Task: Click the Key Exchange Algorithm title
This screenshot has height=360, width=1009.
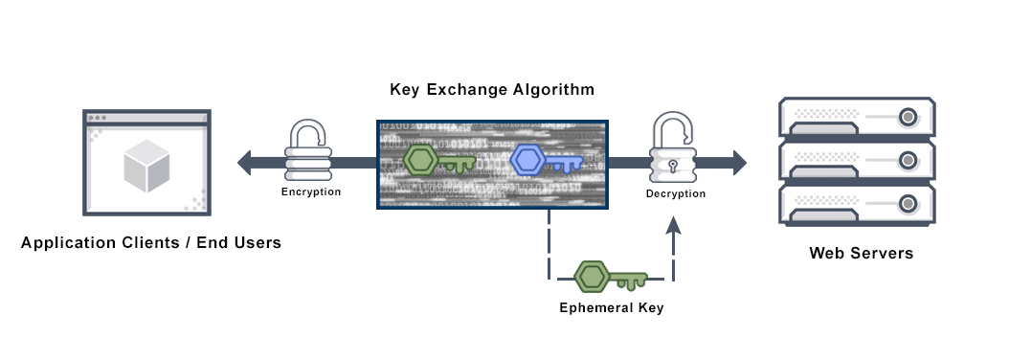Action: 492,90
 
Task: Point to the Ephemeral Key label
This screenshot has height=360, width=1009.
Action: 611,308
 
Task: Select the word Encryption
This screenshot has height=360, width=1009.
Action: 310,192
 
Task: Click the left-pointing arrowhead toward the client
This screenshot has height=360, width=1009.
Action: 246,163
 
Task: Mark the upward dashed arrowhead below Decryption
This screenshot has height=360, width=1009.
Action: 674,224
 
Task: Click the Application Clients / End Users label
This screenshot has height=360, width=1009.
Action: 151,243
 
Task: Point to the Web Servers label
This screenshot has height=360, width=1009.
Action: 861,254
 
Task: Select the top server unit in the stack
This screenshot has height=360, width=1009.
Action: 856,117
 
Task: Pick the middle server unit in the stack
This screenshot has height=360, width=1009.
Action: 856,160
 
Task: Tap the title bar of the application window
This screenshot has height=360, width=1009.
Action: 146,118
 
